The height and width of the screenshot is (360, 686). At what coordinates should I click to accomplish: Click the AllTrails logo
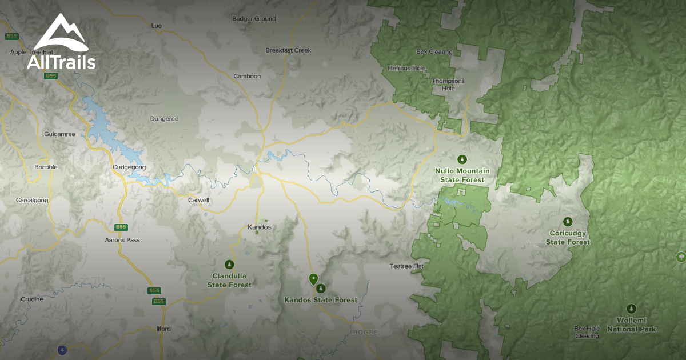click(61, 42)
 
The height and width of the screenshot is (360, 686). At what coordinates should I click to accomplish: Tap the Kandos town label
click(259, 227)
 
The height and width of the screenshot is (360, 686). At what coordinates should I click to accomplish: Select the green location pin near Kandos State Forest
click(313, 279)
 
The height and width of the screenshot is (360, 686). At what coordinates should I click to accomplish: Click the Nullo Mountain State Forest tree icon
click(462, 159)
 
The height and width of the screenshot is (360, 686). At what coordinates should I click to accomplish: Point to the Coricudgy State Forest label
click(568, 238)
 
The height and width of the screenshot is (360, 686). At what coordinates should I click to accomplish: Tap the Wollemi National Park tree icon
click(631, 309)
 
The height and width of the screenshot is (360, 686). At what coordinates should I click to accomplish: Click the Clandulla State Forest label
click(229, 280)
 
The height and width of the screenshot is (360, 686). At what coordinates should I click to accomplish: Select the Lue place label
click(156, 26)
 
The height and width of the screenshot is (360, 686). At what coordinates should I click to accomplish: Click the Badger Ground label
click(254, 19)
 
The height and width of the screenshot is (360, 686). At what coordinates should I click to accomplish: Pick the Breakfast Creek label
click(288, 50)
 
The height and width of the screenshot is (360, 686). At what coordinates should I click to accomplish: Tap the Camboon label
click(247, 76)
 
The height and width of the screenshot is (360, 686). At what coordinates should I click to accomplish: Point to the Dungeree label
click(164, 119)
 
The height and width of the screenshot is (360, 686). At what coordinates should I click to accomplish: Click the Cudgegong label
click(129, 167)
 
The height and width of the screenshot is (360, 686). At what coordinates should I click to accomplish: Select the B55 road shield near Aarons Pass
click(121, 227)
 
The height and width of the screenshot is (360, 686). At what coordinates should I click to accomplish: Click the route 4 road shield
click(61, 350)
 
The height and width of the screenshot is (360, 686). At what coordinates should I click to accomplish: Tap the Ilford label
click(163, 329)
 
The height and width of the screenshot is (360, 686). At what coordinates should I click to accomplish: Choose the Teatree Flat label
click(406, 266)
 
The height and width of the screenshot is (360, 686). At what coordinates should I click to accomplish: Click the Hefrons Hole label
click(406, 68)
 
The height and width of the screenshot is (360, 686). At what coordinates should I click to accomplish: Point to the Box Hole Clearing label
click(587, 332)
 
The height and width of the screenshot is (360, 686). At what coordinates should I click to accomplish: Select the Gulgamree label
click(59, 134)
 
